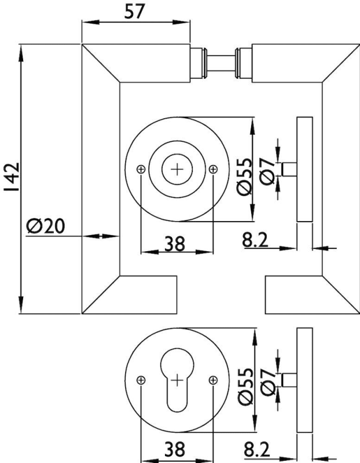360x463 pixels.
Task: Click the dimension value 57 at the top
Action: (135, 12)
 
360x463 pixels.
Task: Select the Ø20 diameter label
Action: (47, 225)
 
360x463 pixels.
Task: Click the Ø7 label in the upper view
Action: (267, 172)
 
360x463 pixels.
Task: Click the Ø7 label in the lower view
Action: (267, 382)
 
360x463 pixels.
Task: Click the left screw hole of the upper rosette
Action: (141, 169)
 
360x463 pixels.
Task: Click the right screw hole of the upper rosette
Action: (214, 169)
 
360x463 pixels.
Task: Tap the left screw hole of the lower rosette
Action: (141, 380)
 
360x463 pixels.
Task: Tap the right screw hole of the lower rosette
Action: (214, 380)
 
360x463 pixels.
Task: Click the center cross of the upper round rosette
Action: (177, 169)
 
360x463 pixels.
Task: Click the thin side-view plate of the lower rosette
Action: (304, 380)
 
